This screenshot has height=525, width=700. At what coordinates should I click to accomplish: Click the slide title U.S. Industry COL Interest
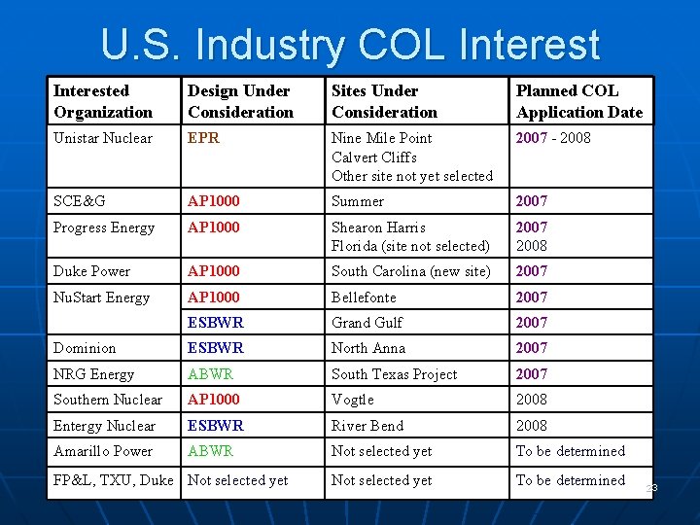(350, 44)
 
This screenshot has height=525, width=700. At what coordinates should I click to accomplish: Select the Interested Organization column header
(103, 101)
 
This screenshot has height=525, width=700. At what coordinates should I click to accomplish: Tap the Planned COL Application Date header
(578, 101)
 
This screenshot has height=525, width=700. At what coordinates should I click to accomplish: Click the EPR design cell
(204, 138)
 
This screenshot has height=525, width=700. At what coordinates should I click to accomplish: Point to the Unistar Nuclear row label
(103, 138)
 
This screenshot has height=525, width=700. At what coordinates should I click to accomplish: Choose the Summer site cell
(358, 201)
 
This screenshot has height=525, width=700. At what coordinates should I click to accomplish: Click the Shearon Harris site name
(378, 227)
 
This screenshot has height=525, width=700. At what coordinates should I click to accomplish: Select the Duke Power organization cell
(92, 271)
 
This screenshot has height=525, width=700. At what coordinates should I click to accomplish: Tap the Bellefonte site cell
(364, 297)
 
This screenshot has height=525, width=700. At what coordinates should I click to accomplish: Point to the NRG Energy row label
(94, 374)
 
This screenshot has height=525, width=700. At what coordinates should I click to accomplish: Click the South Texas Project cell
(394, 374)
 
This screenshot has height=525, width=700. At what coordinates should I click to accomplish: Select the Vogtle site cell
(353, 400)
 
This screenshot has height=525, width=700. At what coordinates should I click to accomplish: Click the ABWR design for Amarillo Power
(211, 451)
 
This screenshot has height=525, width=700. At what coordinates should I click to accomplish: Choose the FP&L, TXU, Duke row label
(114, 480)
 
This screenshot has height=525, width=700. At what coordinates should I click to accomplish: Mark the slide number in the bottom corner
(651, 488)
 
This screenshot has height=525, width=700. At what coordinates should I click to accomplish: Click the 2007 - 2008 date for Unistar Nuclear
(553, 138)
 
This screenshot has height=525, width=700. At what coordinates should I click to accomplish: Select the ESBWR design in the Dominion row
(216, 348)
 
